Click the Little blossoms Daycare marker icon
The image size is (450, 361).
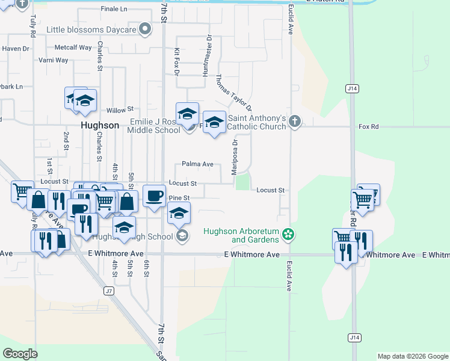pos(145,28)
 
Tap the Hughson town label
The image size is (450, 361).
pos(100,125)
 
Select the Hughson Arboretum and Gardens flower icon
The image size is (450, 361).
pos(289,233)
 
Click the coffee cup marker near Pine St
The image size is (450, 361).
pos(155,196)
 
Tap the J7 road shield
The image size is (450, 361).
pos(108,291)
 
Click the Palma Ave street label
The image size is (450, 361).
pos(198,164)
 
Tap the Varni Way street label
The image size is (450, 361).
pos(54,60)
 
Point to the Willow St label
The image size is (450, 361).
pos(120,110)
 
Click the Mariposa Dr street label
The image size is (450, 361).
pos(235,157)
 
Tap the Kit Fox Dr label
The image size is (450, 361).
pos(177,62)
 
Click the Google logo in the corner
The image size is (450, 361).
pos(20,353)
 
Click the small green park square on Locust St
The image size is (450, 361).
pos(242,181)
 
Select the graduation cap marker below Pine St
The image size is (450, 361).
pos(179,213)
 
